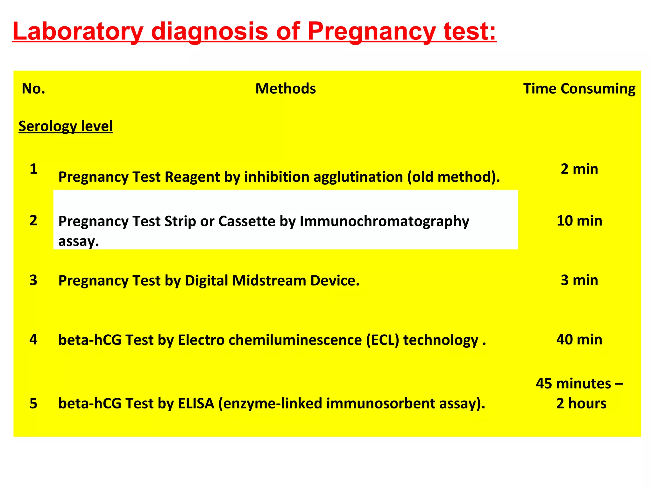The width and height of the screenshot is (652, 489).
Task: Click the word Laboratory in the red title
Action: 78,31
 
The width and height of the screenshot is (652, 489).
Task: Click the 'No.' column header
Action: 33,89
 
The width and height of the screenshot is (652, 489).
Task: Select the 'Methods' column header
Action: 286,89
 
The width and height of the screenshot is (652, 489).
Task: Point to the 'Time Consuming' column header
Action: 579,89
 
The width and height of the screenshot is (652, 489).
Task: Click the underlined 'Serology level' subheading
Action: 66,126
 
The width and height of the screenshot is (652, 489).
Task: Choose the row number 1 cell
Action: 33,169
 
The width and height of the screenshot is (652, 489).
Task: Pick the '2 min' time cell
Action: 579,169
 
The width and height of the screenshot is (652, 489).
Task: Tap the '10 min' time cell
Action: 579,221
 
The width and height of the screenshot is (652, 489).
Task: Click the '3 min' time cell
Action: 579,280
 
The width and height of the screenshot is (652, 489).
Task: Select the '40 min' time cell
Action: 579,339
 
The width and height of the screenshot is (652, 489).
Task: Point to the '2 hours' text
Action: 581,403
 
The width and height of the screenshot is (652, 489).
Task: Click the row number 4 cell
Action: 33,339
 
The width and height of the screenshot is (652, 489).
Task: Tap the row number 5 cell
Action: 33,403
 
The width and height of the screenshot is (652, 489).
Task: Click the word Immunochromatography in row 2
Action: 384,221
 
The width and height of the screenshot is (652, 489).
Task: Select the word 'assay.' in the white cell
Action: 79,241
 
